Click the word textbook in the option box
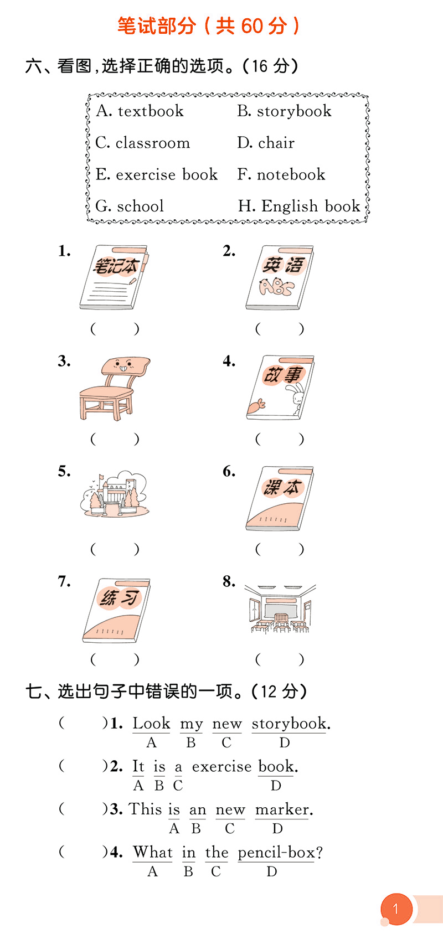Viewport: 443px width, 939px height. (151, 111)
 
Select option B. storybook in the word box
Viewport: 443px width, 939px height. (284, 111)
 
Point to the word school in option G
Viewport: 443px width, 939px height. (140, 207)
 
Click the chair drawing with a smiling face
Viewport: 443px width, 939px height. (115, 389)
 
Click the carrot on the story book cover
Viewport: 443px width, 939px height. (256, 406)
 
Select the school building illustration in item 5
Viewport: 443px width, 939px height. (115, 494)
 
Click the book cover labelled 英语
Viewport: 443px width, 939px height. (280, 277)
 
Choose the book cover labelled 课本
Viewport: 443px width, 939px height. (280, 498)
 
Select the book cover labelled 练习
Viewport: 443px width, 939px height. (116, 610)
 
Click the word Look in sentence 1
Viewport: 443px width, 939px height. (151, 724)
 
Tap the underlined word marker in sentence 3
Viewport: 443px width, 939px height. (282, 809)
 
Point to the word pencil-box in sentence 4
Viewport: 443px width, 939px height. (276, 853)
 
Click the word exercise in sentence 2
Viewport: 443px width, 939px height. (221, 767)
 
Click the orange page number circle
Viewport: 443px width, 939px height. (396, 909)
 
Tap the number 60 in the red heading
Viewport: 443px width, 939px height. (251, 26)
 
